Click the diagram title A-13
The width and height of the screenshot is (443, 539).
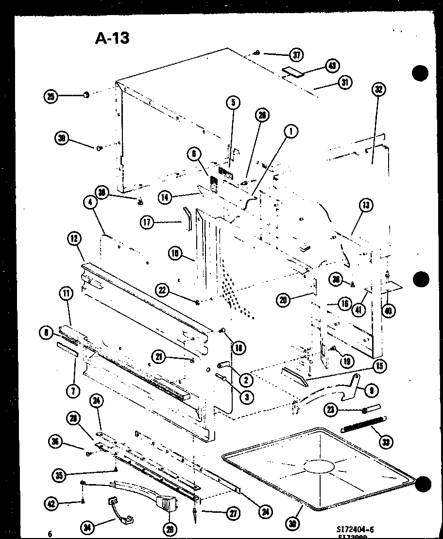click(x=112, y=38)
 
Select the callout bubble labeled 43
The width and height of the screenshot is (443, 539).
click(x=333, y=66)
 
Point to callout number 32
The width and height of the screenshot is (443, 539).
click(x=379, y=89)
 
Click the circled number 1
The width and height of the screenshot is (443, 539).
click(x=291, y=131)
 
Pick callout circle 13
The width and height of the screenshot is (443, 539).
click(x=367, y=206)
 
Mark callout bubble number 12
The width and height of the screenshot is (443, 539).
click(x=74, y=239)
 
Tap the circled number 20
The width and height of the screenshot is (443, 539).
click(x=284, y=300)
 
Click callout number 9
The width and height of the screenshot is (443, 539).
click(x=372, y=390)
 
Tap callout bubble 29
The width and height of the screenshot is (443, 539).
click(x=170, y=529)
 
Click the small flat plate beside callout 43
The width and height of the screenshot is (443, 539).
click(x=293, y=71)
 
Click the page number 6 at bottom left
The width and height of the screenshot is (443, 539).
click(x=50, y=534)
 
